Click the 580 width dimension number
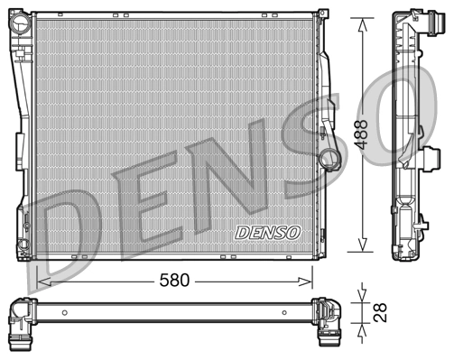click(174, 281)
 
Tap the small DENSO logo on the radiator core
click(267, 232)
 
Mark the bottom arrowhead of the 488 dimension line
click(364, 250)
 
